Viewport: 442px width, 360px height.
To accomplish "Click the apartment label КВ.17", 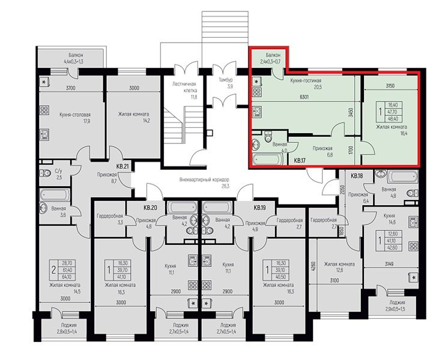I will [x=300, y=160].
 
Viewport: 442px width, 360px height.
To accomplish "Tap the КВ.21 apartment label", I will [x=123, y=166].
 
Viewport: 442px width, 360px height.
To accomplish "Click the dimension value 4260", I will [x=313, y=267].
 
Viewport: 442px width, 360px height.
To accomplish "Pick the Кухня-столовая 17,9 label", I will [x=70, y=117].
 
